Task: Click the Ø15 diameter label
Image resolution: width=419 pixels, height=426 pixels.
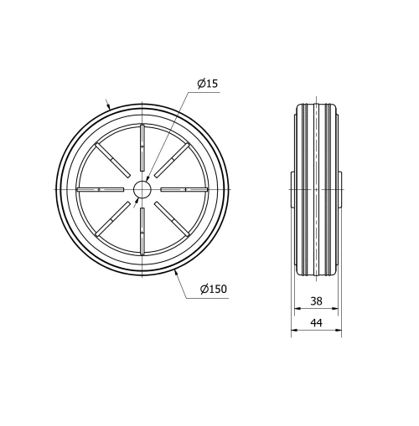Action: [x=207, y=84]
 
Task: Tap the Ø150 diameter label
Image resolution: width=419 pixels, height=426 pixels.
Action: [x=213, y=289]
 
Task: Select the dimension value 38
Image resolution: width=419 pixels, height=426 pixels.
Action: [x=316, y=300]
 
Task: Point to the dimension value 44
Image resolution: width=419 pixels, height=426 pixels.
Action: [x=316, y=323]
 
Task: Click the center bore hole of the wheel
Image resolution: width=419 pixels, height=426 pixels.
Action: [x=142, y=190]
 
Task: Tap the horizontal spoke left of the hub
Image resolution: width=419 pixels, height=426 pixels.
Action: [x=100, y=190]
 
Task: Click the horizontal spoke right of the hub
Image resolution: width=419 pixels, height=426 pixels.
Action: [x=183, y=190]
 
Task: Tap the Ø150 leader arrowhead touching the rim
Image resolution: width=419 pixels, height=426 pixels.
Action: [x=176, y=271]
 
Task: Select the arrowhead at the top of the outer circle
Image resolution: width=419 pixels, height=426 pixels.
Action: [x=109, y=106]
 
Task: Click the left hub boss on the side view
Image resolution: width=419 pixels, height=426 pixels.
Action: [x=293, y=190]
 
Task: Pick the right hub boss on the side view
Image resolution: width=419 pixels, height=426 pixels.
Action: [x=339, y=190]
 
